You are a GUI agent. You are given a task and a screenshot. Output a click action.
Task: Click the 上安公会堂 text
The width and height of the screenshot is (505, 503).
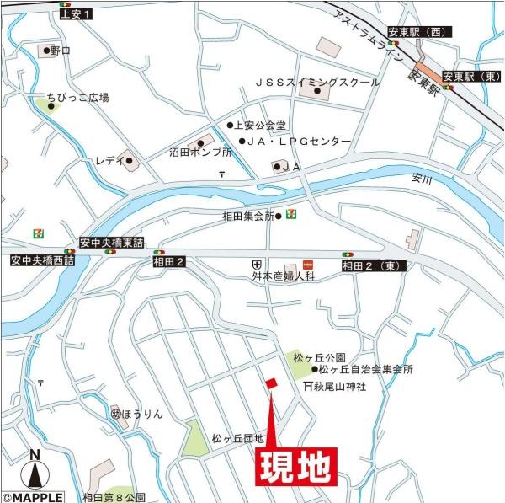pyautogui.click(x=262, y=126)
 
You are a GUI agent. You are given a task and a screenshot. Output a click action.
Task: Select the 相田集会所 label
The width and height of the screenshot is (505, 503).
pyautogui.click(x=249, y=217)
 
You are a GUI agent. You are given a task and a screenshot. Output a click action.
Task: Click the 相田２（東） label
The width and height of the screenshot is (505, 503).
pyautogui.click(x=374, y=266)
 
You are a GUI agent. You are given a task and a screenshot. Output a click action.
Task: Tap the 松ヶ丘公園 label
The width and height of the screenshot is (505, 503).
pyautogui.click(x=338, y=357)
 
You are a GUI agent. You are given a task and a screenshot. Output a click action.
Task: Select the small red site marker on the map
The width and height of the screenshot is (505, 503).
pyautogui.click(x=270, y=384)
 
